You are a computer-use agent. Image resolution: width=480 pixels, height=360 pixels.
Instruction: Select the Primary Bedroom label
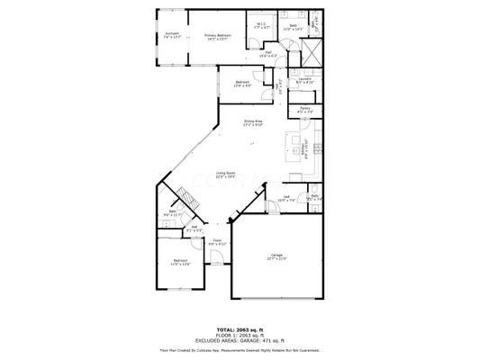tap(217, 36)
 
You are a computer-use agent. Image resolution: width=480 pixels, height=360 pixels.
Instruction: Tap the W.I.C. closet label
tap(260, 25)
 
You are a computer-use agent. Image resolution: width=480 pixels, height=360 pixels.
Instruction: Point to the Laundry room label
tap(304, 81)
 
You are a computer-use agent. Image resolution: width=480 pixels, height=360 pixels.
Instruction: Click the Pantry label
tap(304, 112)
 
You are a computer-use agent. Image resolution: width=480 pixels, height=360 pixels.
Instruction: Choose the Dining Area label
tap(253, 122)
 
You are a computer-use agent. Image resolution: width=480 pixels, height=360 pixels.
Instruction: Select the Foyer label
tap(217, 242)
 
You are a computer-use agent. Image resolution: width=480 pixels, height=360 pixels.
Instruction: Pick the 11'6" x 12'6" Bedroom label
tap(180, 263)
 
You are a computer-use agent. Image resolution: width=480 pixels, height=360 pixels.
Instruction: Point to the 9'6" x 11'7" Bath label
tap(172, 213)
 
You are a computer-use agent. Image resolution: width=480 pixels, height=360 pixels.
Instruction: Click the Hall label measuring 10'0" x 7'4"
tap(286, 199)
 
